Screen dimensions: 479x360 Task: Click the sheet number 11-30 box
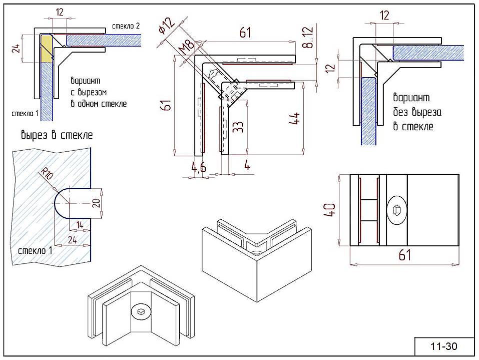pyautogui.click(x=444, y=346)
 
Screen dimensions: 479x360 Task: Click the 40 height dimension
pyautogui.click(x=329, y=210)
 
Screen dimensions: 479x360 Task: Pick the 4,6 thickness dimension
pyautogui.click(x=199, y=167)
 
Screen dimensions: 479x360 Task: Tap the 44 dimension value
pyautogui.click(x=294, y=118)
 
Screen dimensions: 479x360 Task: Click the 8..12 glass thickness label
pyautogui.click(x=309, y=37)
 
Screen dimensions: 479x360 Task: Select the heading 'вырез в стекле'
pyautogui.click(x=57, y=135)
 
